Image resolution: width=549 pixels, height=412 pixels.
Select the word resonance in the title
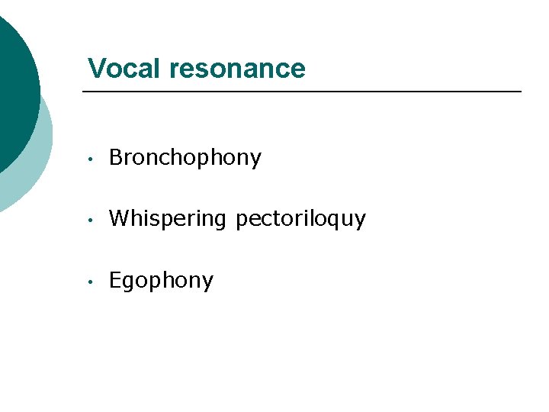pyautogui.click(x=237, y=69)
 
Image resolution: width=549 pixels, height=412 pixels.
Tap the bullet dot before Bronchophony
pyautogui.click(x=90, y=159)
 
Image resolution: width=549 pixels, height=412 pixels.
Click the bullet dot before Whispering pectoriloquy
pyautogui.click(x=90, y=220)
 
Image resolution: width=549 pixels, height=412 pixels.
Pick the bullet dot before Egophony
pyautogui.click(x=90, y=282)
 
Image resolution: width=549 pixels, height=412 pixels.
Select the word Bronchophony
pyautogui.click(x=185, y=158)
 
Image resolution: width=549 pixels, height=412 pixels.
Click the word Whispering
pyautogui.click(x=168, y=220)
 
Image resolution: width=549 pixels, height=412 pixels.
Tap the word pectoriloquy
pyautogui.click(x=300, y=220)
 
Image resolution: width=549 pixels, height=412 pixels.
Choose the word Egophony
pyautogui.click(x=161, y=281)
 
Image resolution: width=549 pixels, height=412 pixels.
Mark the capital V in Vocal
pyautogui.click(x=96, y=69)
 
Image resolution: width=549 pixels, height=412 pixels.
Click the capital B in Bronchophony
pyautogui.click(x=116, y=157)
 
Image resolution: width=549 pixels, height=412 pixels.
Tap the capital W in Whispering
pyautogui.click(x=118, y=219)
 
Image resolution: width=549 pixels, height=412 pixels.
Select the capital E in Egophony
pyautogui.click(x=115, y=280)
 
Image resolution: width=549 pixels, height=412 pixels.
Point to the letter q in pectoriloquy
pyautogui.click(x=335, y=221)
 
